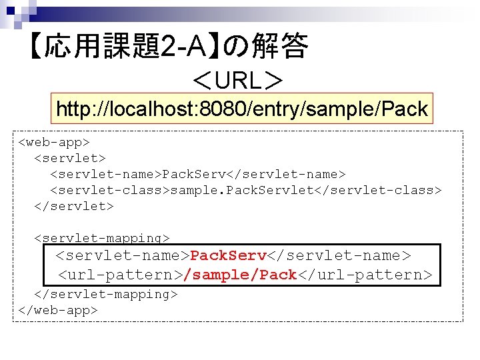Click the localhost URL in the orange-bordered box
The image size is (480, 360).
[241, 109]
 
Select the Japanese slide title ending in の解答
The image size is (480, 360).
[167, 47]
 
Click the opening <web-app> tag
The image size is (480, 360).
[53, 142]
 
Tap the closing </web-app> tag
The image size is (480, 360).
[57, 310]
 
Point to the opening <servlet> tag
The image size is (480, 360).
[69, 158]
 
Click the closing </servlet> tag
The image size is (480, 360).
[73, 206]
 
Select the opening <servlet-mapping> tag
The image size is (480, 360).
[101, 238]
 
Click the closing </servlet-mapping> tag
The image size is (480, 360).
[105, 294]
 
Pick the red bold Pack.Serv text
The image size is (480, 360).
[229, 255]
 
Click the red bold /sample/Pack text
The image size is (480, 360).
[240, 275]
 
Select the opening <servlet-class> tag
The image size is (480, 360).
[109, 190]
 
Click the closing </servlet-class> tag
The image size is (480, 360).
[387, 190]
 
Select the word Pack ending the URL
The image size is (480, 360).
[407, 109]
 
